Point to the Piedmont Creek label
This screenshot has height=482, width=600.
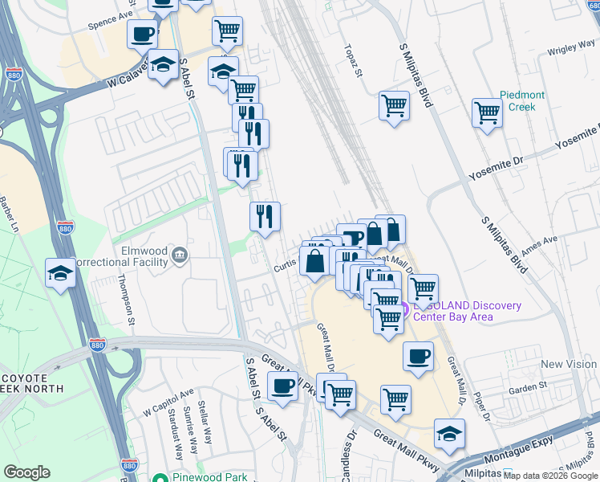point(522,100)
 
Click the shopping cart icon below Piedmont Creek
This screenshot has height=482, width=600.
point(487,113)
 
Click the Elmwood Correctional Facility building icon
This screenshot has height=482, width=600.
point(180,256)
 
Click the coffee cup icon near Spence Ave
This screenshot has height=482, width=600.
point(142,35)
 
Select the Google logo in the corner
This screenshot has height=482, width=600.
point(26,472)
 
